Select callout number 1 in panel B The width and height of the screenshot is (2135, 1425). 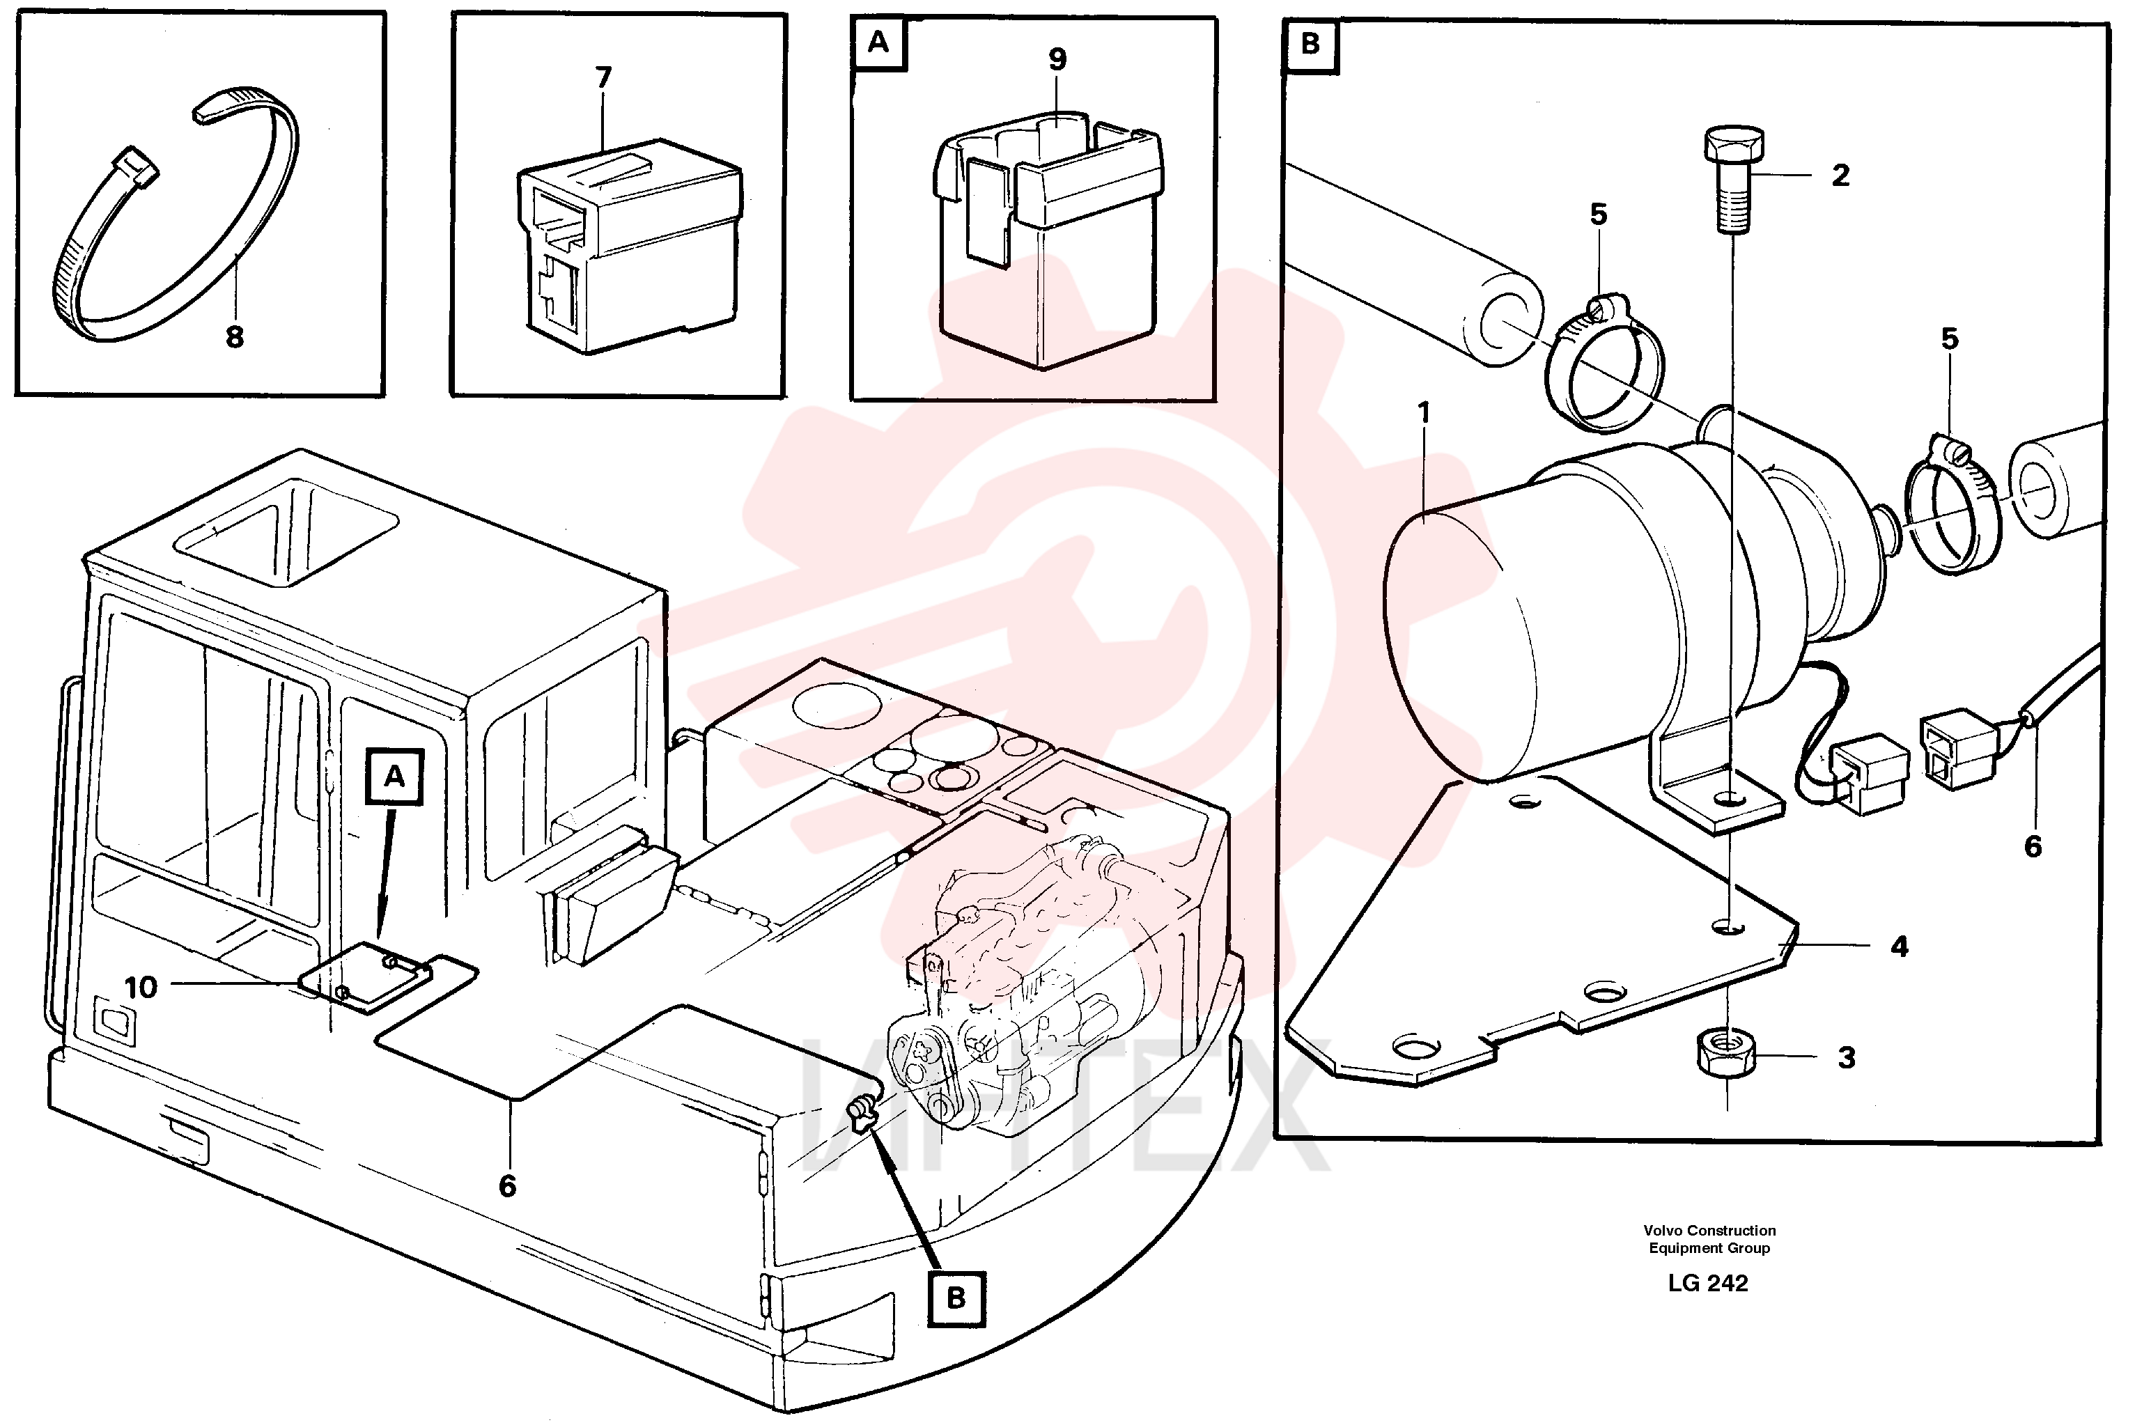point(1424,414)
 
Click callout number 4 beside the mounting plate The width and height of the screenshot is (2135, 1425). point(1900,947)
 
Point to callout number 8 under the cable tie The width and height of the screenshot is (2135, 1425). point(235,337)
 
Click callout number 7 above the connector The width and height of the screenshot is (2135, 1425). point(603,77)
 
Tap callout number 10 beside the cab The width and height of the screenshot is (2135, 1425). point(141,987)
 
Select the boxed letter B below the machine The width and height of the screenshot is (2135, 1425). point(956,1298)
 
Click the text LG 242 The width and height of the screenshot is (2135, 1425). point(1708,1282)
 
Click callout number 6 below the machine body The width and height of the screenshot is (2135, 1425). point(507,1186)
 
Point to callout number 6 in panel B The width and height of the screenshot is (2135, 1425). point(2033,847)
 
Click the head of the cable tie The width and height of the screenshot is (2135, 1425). point(135,166)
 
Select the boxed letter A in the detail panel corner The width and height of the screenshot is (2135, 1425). point(878,42)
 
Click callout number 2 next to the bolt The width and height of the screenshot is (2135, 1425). point(1840,176)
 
